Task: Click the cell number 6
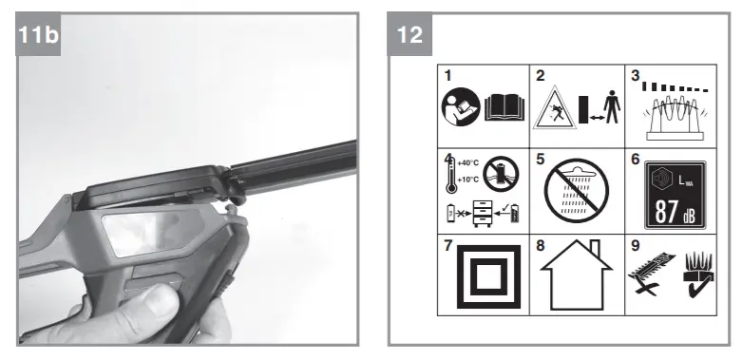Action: coord(632,158)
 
